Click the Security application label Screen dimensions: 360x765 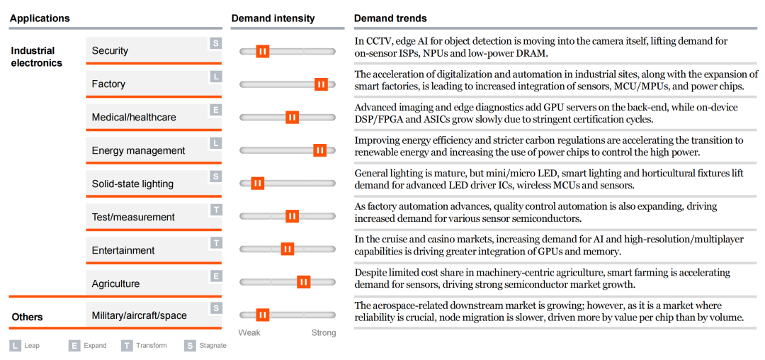coord(110,51)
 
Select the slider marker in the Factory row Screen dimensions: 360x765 coord(321,84)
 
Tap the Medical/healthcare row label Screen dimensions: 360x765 coord(134,118)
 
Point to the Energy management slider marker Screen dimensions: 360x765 coord(319,150)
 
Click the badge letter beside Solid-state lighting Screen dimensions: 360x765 coord(215,176)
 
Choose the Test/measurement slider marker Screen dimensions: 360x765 coord(292,216)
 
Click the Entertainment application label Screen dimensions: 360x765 coord(123,251)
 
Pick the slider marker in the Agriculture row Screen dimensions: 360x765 coord(303,282)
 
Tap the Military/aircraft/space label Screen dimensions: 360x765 coord(139,316)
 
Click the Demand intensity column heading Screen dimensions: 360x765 coord(273,18)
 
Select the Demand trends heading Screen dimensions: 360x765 coord(390,18)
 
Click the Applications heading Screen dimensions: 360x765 coord(40,18)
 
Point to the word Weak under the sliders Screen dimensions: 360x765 coord(249,333)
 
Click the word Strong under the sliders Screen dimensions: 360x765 coord(324,333)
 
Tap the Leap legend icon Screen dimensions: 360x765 coord(15,346)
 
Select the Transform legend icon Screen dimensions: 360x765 coord(127,346)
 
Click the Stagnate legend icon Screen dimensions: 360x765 coord(190,346)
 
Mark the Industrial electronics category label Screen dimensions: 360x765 coord(36,57)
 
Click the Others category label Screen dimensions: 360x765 coord(27,317)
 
